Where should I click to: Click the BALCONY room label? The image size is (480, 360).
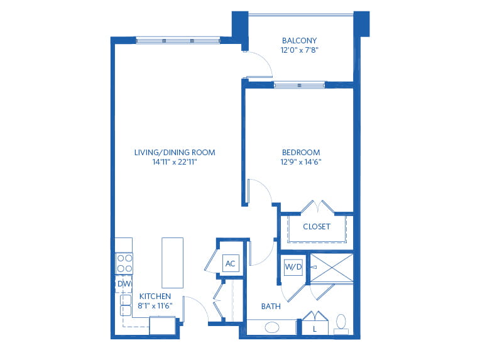299,40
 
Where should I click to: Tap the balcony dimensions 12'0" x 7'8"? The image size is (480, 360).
300,50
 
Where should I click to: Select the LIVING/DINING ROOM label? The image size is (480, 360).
175,153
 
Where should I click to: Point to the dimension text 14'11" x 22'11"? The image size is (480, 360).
175,162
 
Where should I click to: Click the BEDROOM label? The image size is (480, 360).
301,152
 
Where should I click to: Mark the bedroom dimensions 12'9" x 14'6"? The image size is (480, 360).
301,162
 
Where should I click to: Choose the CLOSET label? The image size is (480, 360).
317,227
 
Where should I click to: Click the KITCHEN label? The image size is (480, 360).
155,296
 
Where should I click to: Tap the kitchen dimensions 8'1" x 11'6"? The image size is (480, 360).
155,305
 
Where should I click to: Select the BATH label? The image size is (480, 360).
271,306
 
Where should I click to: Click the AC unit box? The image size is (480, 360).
230,263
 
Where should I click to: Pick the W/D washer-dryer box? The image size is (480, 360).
293,266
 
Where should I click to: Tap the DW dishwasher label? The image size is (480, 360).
124,284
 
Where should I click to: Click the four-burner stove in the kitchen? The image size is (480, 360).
124,263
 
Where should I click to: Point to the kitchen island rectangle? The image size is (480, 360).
172,263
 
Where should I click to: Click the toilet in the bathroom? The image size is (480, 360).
341,324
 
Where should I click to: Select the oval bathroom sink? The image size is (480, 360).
272,327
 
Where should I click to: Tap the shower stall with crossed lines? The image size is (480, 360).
332,268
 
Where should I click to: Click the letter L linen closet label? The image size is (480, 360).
314,329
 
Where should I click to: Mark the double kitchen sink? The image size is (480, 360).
126,305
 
